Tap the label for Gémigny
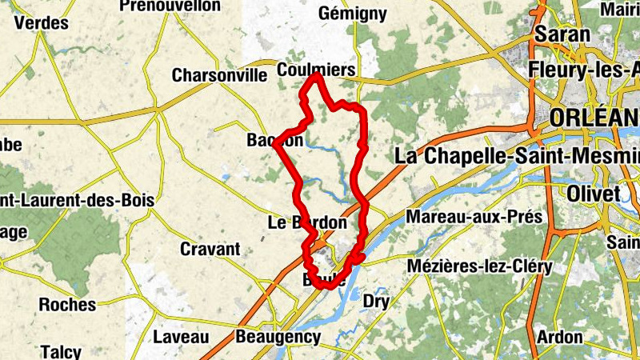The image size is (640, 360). [x=352, y=14]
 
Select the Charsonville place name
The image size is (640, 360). [x=219, y=76]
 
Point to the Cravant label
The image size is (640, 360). [x=210, y=249]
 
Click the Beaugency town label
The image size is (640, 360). [x=278, y=337]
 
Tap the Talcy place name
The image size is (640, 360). [x=61, y=351]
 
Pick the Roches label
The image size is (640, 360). [x=67, y=305]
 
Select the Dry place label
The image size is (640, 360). [x=376, y=301]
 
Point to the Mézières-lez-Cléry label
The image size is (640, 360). [x=479, y=266]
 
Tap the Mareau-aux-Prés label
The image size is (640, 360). [x=474, y=217]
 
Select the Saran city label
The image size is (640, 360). [x=562, y=34]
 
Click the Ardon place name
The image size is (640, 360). [x=559, y=337]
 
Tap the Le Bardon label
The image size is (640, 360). [x=307, y=222]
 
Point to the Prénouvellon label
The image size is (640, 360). [x=170, y=6]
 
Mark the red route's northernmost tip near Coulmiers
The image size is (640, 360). [x=318, y=75]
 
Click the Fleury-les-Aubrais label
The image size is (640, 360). [x=583, y=70]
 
